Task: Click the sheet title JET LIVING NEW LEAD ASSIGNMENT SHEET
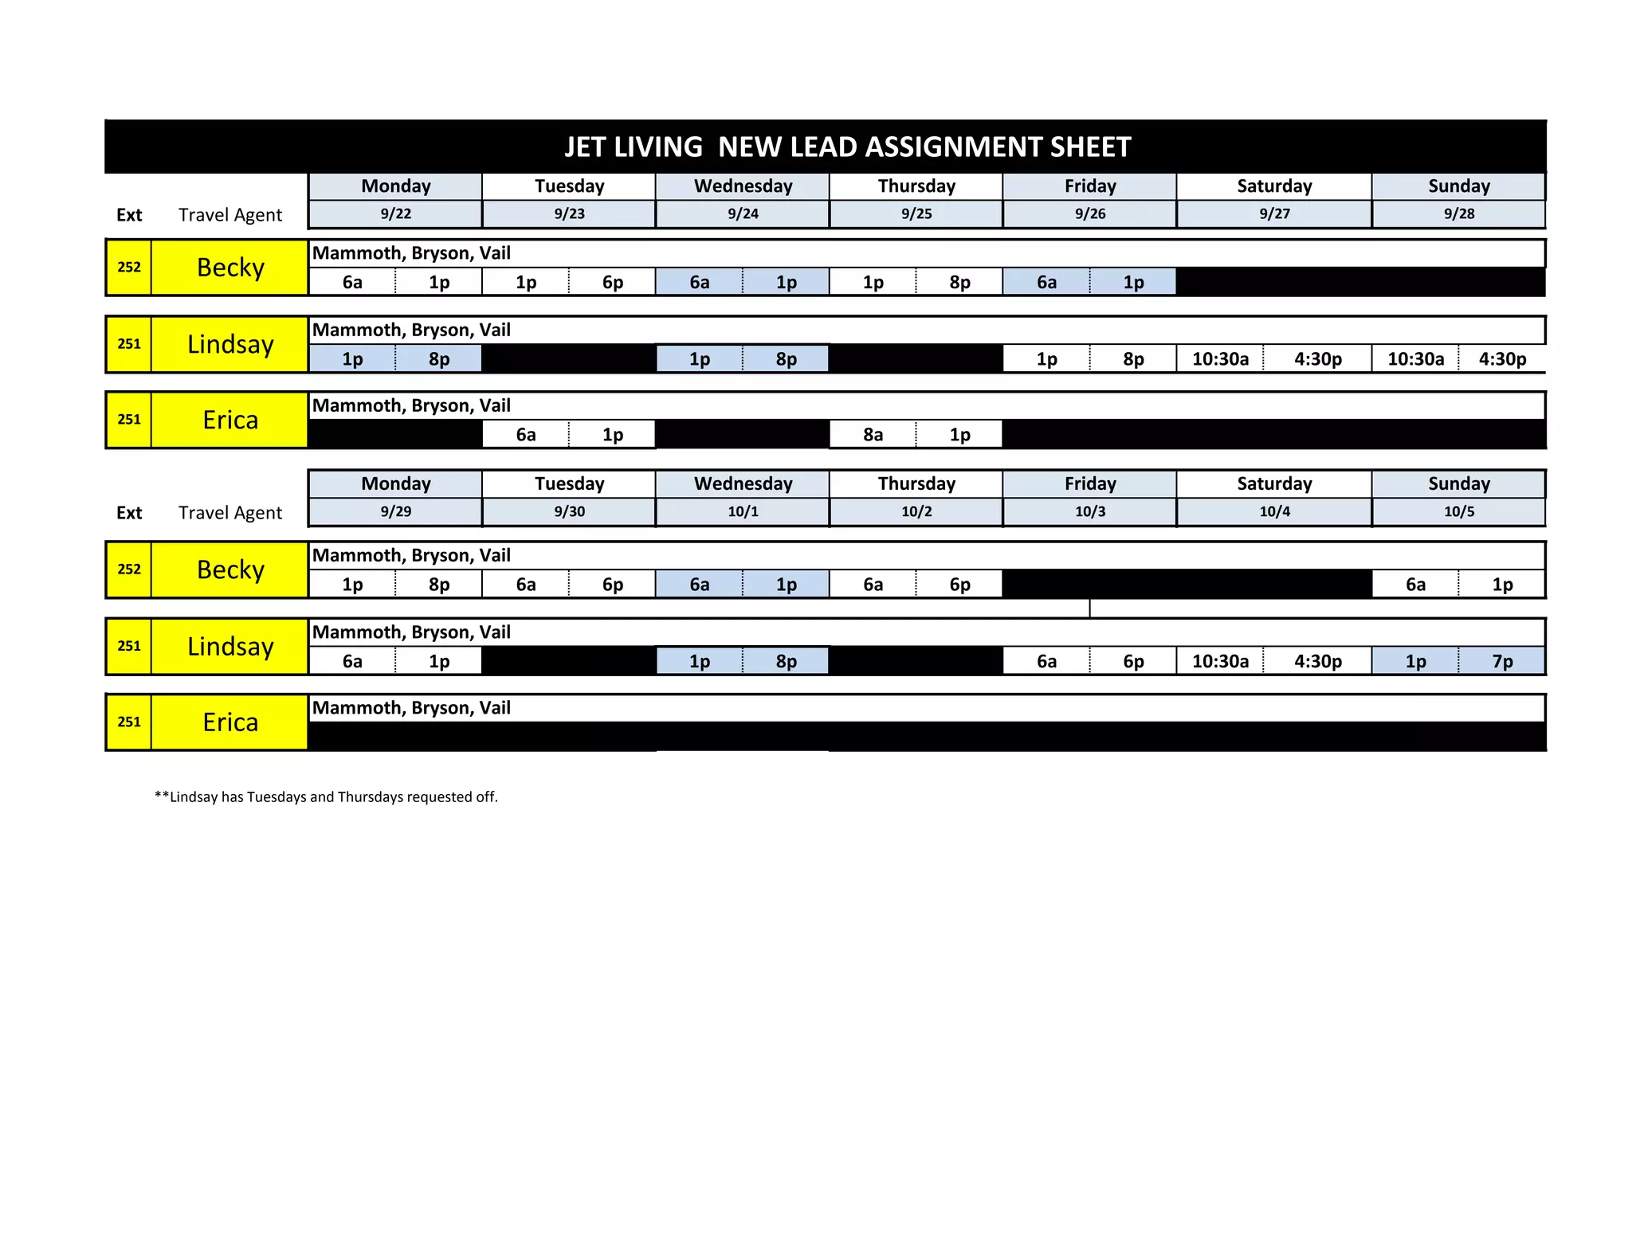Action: pyautogui.click(x=847, y=147)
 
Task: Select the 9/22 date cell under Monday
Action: pyautogui.click(x=396, y=214)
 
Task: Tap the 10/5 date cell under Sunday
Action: pyautogui.click(x=1459, y=512)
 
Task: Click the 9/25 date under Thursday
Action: pyautogui.click(x=916, y=214)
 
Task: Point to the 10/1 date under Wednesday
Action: pyautogui.click(x=743, y=512)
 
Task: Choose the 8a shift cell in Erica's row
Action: pyautogui.click(x=873, y=435)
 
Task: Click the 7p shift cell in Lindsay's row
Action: pyautogui.click(x=1502, y=662)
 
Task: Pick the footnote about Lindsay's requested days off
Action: pyautogui.click(x=326, y=797)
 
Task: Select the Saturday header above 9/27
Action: pyautogui.click(x=1274, y=186)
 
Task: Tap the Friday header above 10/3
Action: pyautogui.click(x=1090, y=484)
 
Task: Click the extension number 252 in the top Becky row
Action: pyautogui.click(x=129, y=268)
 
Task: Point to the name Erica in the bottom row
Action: pyautogui.click(x=230, y=722)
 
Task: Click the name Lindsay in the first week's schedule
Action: pyautogui.click(x=230, y=344)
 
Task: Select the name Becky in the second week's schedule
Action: pyautogui.click(x=230, y=570)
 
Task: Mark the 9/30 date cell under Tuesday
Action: pyautogui.click(x=570, y=512)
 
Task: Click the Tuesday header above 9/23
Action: pyautogui.click(x=570, y=186)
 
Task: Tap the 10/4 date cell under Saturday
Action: pyautogui.click(x=1274, y=512)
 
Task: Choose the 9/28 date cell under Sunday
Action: pyautogui.click(x=1459, y=214)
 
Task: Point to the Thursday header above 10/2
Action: pyautogui.click(x=916, y=484)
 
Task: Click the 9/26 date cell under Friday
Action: pyautogui.click(x=1090, y=214)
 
